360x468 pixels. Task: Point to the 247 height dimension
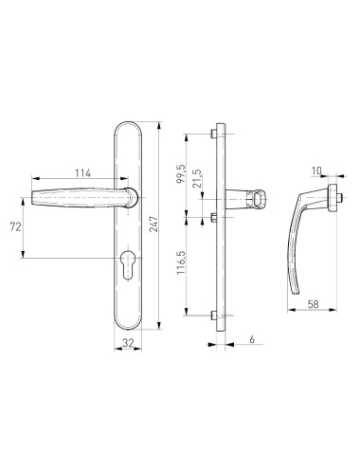click(167, 225)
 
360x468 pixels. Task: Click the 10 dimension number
click(317, 171)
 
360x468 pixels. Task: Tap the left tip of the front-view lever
click(22, 202)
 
